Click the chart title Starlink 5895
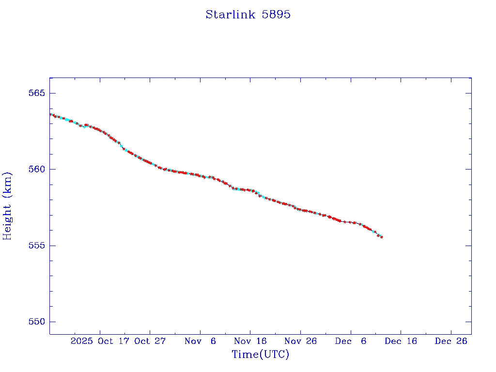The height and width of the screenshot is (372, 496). click(x=248, y=15)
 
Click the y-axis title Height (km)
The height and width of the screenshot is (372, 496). click(x=7, y=206)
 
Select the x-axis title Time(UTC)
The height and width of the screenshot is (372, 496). click(x=261, y=355)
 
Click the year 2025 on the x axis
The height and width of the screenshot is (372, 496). click(x=81, y=341)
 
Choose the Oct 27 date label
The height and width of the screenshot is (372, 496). click(x=150, y=341)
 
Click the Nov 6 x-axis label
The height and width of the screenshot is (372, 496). click(x=200, y=341)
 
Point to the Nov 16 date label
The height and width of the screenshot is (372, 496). click(x=250, y=341)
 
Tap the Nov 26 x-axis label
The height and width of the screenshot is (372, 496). click(x=300, y=341)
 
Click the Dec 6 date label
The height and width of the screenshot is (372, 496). click(x=350, y=341)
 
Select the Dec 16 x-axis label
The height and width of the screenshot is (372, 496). click(x=401, y=341)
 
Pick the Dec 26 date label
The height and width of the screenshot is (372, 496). click(x=451, y=341)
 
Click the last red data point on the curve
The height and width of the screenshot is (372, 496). click(x=382, y=237)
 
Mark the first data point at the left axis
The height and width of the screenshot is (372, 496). click(x=50, y=114)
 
